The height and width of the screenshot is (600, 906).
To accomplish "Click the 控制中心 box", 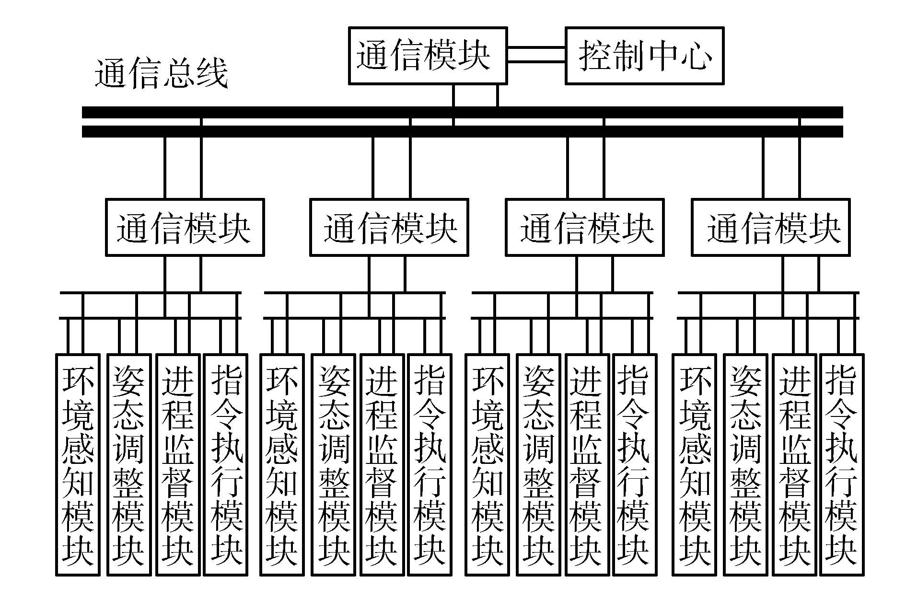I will (x=644, y=56).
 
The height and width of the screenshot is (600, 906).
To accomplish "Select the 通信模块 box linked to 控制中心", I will (x=427, y=56).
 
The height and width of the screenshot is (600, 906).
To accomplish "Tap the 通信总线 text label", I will (x=161, y=74).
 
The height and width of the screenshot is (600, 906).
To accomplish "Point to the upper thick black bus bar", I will (x=462, y=112).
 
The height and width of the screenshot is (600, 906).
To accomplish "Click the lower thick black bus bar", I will (x=462, y=131).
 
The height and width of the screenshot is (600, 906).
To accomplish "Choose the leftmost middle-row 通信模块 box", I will (x=185, y=227).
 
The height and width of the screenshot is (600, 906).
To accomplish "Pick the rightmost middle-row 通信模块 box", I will (x=770, y=227).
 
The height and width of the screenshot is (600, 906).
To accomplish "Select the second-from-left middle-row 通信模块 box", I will (x=389, y=227).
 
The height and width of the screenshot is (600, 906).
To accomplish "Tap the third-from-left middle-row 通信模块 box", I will (x=585, y=227).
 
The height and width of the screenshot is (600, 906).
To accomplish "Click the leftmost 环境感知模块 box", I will (x=78, y=464).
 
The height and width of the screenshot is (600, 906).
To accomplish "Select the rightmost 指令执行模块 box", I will (x=841, y=464).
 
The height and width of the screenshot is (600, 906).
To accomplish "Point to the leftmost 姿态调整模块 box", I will (x=128, y=464).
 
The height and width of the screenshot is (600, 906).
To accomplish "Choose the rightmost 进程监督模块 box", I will (x=793, y=464).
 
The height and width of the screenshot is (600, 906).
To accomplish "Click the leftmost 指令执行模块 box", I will (x=225, y=464).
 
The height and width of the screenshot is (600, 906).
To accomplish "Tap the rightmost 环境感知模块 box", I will (x=694, y=464).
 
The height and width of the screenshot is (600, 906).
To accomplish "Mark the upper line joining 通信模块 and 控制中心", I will (x=536, y=48).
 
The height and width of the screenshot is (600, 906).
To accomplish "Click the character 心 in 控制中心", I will (x=697, y=56).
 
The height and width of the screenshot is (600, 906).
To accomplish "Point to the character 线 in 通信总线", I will (x=211, y=74).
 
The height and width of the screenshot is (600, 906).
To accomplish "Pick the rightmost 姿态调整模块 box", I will (x=745, y=464).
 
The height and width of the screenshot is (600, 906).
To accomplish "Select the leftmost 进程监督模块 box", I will (x=178, y=464).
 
